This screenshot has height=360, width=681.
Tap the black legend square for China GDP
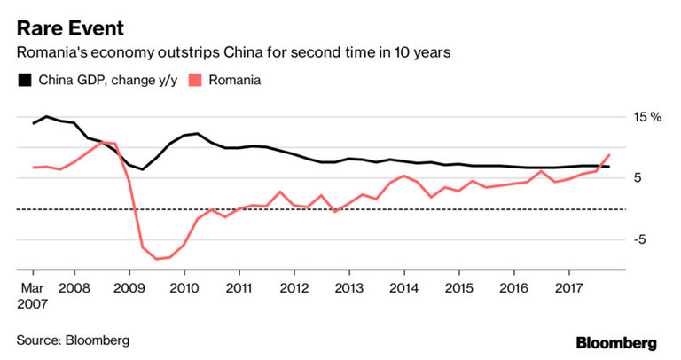pyautogui.click(x=24, y=81)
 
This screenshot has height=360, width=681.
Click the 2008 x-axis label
pyautogui.click(x=74, y=288)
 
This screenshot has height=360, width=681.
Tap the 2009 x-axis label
pyautogui.click(x=129, y=288)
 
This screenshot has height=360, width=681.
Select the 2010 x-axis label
pyautogui.click(x=184, y=288)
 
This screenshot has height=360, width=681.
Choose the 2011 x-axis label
pyautogui.click(x=239, y=288)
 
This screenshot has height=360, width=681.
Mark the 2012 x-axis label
pyautogui.click(x=294, y=288)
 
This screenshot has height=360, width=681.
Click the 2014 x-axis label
pyautogui.click(x=403, y=288)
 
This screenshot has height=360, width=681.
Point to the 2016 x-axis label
pyautogui.click(x=513, y=288)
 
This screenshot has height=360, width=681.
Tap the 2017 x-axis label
pyautogui.click(x=568, y=288)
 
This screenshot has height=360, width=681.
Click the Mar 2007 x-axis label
pyautogui.click(x=33, y=295)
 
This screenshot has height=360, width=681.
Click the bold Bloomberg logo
pyautogui.click(x=616, y=341)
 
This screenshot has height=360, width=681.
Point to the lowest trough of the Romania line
pyautogui.click(x=156, y=259)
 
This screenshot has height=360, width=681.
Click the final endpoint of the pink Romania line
pyautogui.click(x=609, y=155)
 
